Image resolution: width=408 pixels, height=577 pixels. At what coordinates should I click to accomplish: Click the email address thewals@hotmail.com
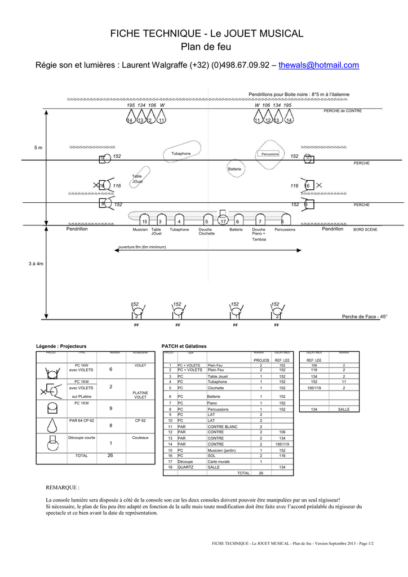pos(318,65)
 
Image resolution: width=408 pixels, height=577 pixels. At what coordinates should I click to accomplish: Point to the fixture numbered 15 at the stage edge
pos(145,221)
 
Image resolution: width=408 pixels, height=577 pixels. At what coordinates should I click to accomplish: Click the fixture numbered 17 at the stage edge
pos(223,221)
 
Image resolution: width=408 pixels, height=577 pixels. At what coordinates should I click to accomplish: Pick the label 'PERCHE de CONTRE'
pos(343,111)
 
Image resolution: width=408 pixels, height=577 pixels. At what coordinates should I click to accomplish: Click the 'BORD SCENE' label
pos(366,230)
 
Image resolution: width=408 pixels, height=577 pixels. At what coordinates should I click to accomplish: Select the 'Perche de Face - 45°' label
pos(365,317)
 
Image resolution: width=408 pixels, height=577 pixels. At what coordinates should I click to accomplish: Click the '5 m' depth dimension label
pos(38,148)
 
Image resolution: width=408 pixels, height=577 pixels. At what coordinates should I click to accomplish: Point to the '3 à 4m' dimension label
pos(36,264)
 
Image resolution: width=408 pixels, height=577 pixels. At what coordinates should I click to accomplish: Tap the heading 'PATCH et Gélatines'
pos(184,345)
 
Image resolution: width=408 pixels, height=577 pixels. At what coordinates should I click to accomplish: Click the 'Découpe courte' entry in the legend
pos(82,438)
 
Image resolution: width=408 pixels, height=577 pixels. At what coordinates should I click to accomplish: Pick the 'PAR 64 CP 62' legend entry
pos(82,420)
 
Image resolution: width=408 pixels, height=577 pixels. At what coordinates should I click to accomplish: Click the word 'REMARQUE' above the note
pos(62,487)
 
